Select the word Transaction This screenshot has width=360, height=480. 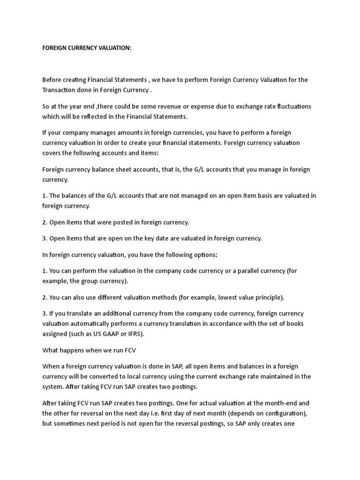[x=60, y=90]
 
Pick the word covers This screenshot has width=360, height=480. [x=52, y=152]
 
